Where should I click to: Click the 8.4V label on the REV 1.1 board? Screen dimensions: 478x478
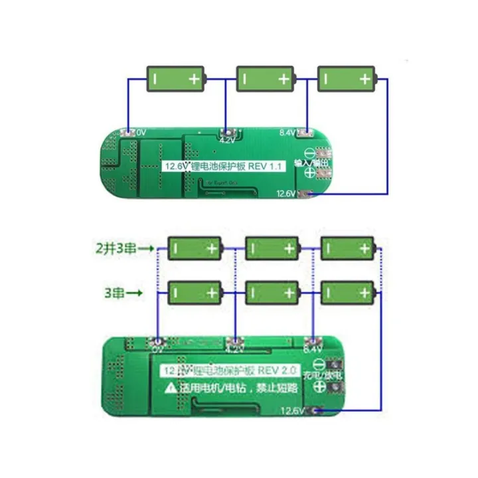click(x=287, y=133)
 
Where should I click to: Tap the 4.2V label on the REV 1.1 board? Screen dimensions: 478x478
click(x=226, y=141)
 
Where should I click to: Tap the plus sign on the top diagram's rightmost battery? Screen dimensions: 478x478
click(x=364, y=79)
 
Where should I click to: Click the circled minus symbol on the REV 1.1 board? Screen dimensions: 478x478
click(x=309, y=151)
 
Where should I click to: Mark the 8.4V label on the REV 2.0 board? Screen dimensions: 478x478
click(x=313, y=347)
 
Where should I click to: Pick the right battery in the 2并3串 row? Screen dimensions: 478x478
click(x=347, y=248)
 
